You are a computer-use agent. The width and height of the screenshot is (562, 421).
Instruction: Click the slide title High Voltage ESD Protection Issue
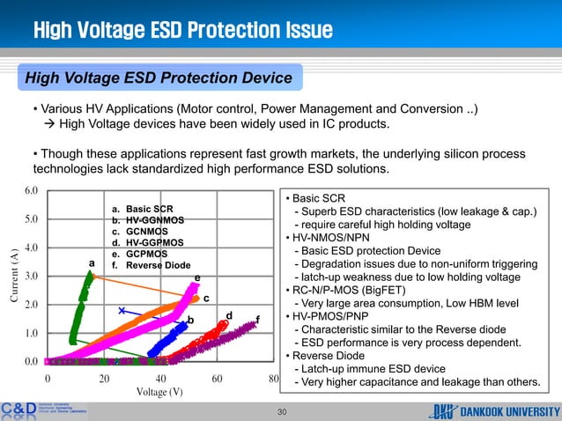click(182, 32)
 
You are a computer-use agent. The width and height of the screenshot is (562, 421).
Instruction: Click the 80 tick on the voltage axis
click(273, 377)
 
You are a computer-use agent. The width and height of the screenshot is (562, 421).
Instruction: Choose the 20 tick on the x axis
click(103, 377)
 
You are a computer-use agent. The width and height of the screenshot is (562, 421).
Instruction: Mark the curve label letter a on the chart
click(91, 262)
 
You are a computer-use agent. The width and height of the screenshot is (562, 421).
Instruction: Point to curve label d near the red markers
click(228, 315)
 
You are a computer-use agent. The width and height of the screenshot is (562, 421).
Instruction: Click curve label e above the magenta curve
click(197, 278)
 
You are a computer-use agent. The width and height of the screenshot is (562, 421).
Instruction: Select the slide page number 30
click(282, 410)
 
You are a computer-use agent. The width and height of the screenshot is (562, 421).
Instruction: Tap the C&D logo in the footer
click(18, 410)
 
